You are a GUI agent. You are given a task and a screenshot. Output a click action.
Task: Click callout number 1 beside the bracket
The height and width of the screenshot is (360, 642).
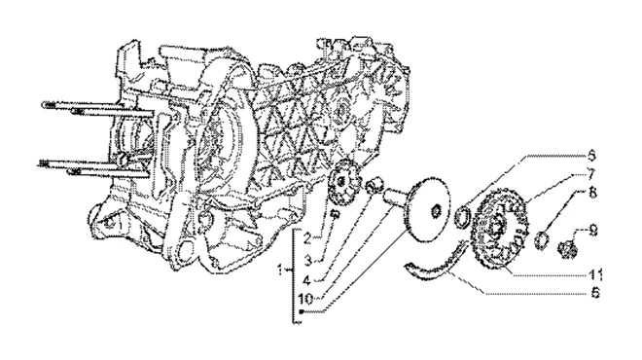[281, 270]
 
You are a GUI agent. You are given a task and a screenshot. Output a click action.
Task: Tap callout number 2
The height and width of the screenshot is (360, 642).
[308, 238]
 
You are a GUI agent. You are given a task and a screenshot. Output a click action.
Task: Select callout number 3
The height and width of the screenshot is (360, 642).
[308, 260]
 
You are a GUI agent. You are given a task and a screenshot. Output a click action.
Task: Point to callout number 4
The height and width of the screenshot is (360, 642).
[307, 280]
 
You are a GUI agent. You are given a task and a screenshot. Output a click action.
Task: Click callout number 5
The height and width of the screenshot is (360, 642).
[591, 156]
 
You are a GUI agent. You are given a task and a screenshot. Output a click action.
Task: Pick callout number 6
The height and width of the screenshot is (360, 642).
[595, 293]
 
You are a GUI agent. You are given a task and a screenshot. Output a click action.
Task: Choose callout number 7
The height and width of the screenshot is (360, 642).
[591, 173]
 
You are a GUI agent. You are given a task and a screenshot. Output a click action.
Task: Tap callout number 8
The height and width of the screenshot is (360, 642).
[592, 192]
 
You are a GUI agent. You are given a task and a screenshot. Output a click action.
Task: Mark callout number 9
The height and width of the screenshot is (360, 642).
[592, 231]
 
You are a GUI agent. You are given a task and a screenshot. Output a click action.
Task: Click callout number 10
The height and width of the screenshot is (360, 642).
[305, 299]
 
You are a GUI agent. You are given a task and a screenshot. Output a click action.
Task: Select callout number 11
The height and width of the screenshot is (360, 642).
[595, 274]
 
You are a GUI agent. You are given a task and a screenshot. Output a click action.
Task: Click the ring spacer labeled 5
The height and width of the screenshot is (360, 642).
[463, 218]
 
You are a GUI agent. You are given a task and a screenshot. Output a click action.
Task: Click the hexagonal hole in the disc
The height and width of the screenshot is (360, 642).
[436, 211]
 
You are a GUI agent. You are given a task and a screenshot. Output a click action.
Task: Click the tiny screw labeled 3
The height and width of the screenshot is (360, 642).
[335, 214]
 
